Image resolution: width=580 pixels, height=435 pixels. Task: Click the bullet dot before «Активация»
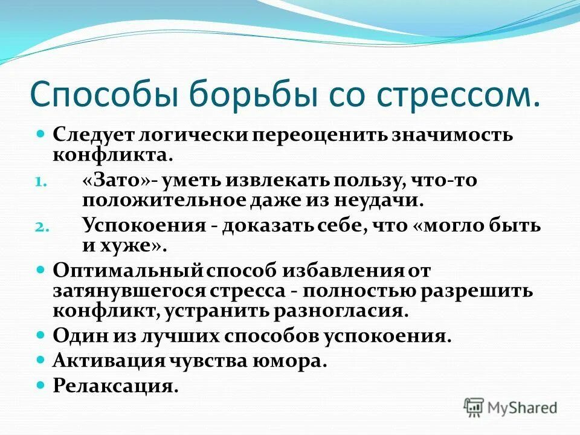click(x=42, y=359)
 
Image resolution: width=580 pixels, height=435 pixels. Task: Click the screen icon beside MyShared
click(x=474, y=407)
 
